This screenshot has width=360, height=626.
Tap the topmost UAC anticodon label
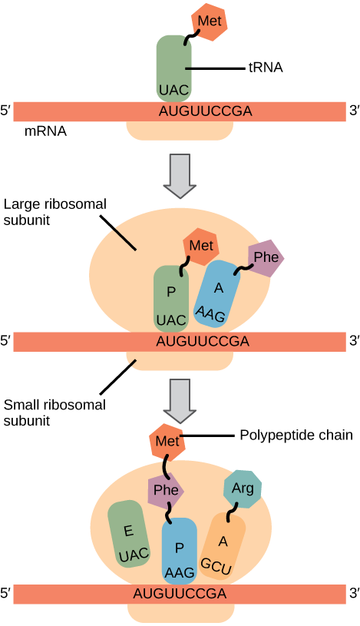pyautogui.click(x=173, y=91)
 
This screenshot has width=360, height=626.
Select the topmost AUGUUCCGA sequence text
pyautogui.click(x=205, y=111)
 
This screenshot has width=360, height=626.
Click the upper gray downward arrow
pyautogui.click(x=180, y=175)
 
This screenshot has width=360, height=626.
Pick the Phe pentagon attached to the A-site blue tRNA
pyautogui.click(x=266, y=257)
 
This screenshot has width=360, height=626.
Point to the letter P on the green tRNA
pyautogui.click(x=171, y=291)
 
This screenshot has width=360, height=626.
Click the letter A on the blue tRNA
pyautogui.click(x=219, y=287)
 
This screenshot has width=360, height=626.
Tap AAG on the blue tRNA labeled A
pyautogui.click(x=210, y=313)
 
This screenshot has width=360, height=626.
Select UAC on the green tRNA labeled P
pyautogui.click(x=170, y=320)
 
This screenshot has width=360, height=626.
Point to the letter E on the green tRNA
pyautogui.click(x=128, y=530)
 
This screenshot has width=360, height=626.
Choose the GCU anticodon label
pyautogui.click(x=216, y=566)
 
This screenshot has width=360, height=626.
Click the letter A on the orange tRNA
pyautogui.click(x=223, y=541)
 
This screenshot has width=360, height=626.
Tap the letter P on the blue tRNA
pyautogui.click(x=179, y=548)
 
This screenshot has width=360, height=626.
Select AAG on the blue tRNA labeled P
pyautogui.click(x=180, y=572)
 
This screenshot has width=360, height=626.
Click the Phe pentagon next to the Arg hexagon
pyautogui.click(x=164, y=489)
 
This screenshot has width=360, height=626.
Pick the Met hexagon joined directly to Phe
pyautogui.click(x=167, y=442)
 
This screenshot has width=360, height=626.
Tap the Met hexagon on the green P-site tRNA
pyautogui.click(x=201, y=246)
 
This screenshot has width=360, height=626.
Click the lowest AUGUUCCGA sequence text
pyautogui.click(x=180, y=594)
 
